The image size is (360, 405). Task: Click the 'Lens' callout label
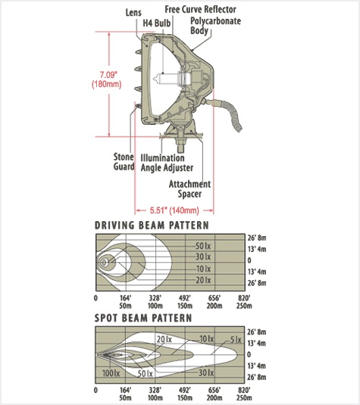(x=133, y=12)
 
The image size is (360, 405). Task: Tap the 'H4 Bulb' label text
(x=157, y=23)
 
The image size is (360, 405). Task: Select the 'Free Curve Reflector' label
(x=200, y=9)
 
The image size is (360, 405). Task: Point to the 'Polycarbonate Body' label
(x=215, y=25)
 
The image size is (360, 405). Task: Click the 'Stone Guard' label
(x=124, y=162)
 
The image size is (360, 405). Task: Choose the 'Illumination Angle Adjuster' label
(x=167, y=163)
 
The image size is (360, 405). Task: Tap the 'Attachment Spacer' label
(x=189, y=188)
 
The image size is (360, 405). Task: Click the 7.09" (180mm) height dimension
(x=107, y=79)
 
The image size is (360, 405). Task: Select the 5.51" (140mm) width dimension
(x=174, y=210)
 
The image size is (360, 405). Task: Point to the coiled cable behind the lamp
(x=230, y=113)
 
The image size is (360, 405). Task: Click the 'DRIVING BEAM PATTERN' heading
(x=152, y=226)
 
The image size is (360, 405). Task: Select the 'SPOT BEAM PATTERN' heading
(x=143, y=318)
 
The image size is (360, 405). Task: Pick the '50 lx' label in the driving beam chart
(x=203, y=245)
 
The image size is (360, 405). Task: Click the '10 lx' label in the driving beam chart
(x=203, y=269)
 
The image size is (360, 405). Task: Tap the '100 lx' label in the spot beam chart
(x=111, y=373)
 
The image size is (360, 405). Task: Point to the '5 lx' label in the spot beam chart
(x=236, y=340)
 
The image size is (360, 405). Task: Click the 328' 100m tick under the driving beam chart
(x=155, y=302)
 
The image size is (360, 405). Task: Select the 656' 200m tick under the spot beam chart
(x=214, y=394)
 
